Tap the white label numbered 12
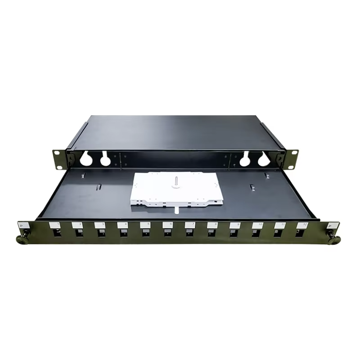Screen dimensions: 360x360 (302, 224)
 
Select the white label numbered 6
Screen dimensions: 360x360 (167, 224)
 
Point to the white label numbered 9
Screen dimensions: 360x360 (235, 224)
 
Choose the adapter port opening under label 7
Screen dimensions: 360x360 (190, 233)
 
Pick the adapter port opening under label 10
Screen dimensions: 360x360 (257, 233)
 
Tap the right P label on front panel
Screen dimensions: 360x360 (332, 226)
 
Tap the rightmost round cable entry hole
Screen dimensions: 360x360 (264, 159)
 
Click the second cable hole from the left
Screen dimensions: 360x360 (105, 159)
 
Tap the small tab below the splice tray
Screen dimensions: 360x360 (176, 209)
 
